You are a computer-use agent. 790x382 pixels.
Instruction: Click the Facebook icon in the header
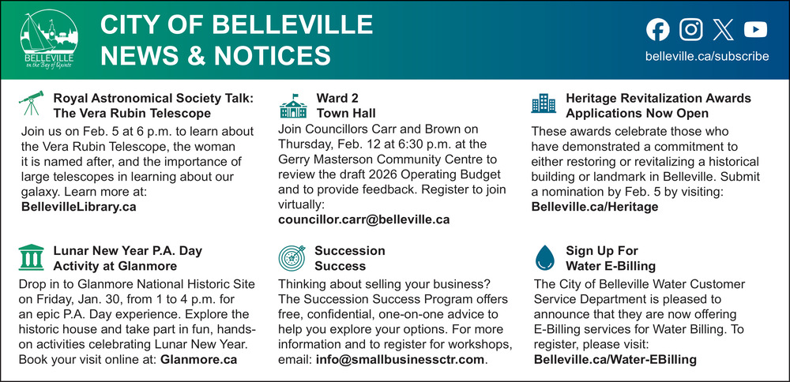(658, 29)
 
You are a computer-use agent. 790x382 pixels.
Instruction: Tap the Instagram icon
(690, 29)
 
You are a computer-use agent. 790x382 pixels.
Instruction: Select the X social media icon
(724, 29)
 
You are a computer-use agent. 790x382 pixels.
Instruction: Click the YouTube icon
(755, 29)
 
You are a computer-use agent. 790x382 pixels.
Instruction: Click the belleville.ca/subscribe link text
(707, 56)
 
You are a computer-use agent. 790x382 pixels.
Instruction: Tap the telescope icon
(32, 103)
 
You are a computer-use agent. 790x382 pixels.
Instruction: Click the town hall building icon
(293, 106)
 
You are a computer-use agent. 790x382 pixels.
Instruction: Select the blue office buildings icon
(544, 103)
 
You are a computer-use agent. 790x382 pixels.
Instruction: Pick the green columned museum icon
(32, 257)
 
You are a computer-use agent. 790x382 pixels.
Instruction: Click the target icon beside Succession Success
(292, 257)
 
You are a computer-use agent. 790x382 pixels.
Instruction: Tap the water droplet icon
(544, 257)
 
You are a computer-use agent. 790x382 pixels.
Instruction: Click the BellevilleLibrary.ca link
(78, 207)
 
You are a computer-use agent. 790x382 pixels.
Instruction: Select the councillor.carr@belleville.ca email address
(363, 220)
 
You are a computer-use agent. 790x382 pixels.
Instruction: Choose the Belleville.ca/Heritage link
(595, 207)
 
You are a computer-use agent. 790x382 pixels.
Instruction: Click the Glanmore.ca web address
(198, 360)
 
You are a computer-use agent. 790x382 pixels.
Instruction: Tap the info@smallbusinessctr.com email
(400, 360)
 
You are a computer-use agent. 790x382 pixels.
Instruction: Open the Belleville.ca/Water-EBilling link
(615, 360)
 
